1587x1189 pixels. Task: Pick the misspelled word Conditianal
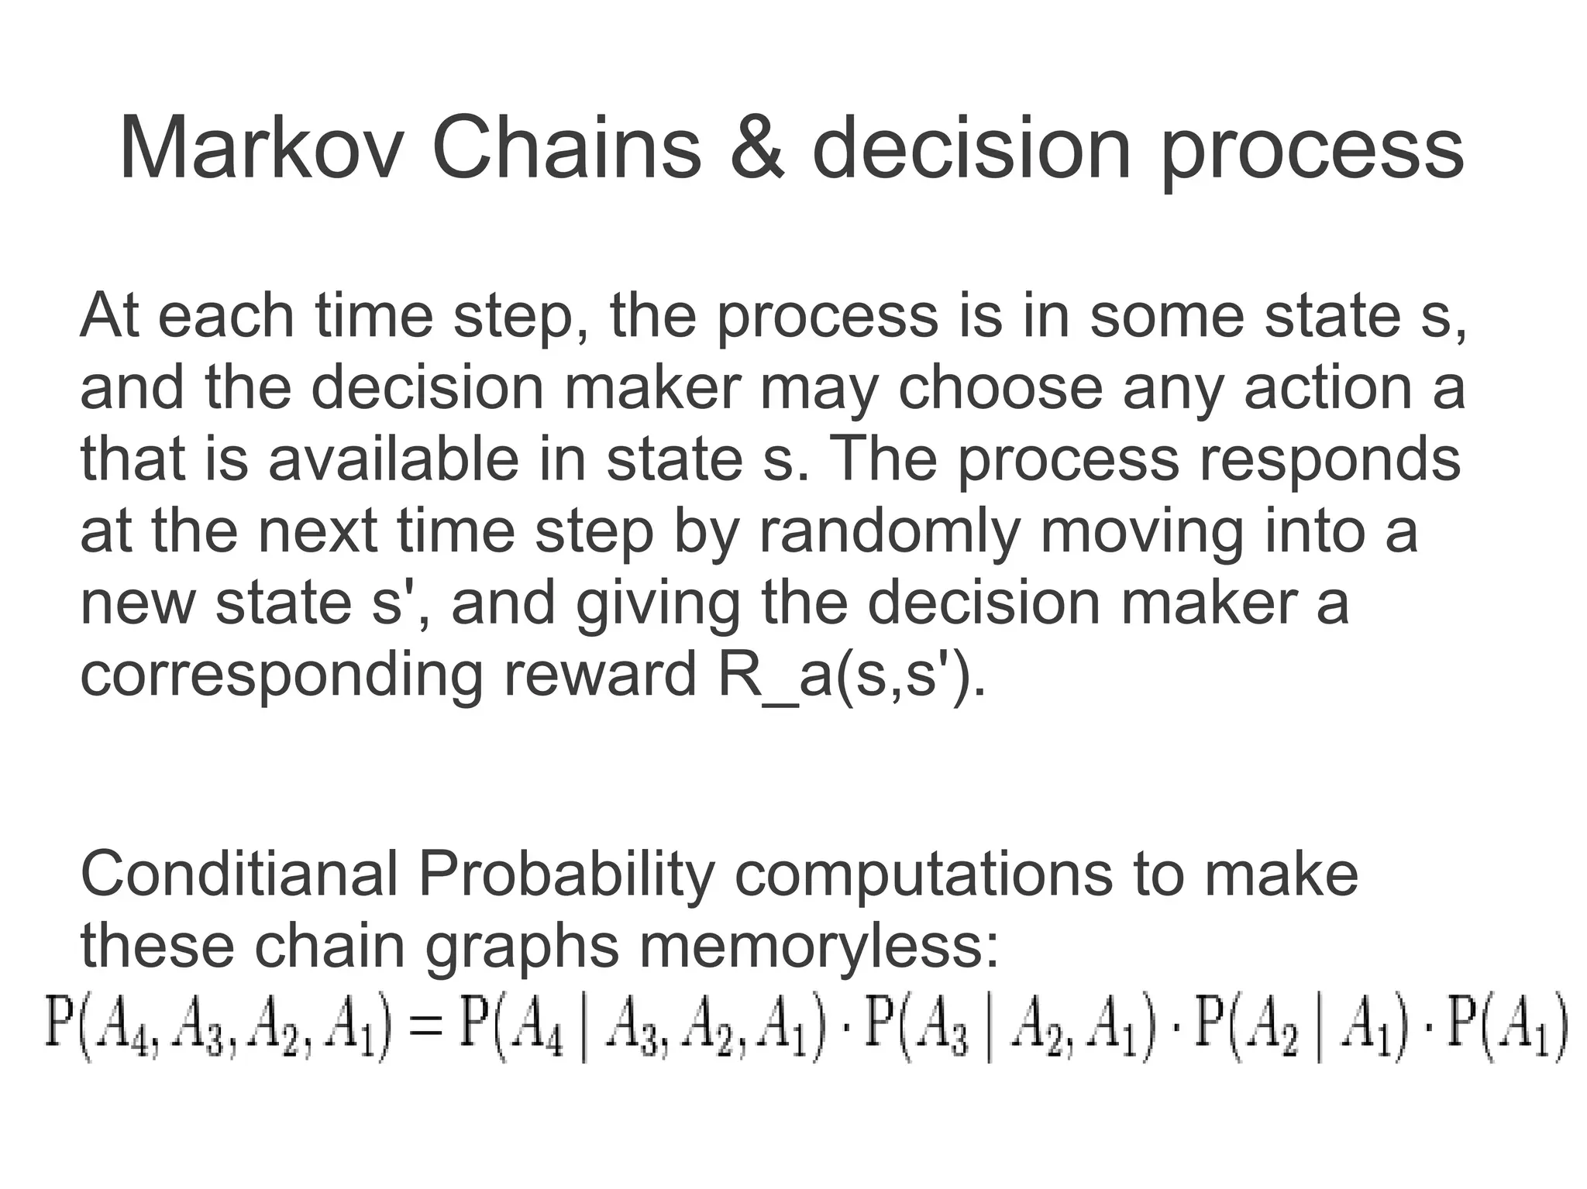click(238, 874)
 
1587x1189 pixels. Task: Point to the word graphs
click(522, 947)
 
